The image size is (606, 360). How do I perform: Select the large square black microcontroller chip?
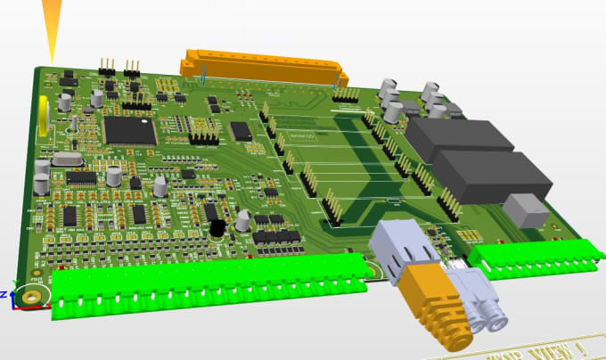click(130, 129)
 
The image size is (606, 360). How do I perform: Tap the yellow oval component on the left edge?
click(43, 117)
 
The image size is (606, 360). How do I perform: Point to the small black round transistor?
click(217, 229)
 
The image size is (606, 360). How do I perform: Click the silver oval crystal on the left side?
click(66, 160)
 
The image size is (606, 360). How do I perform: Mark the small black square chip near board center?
click(241, 132)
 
